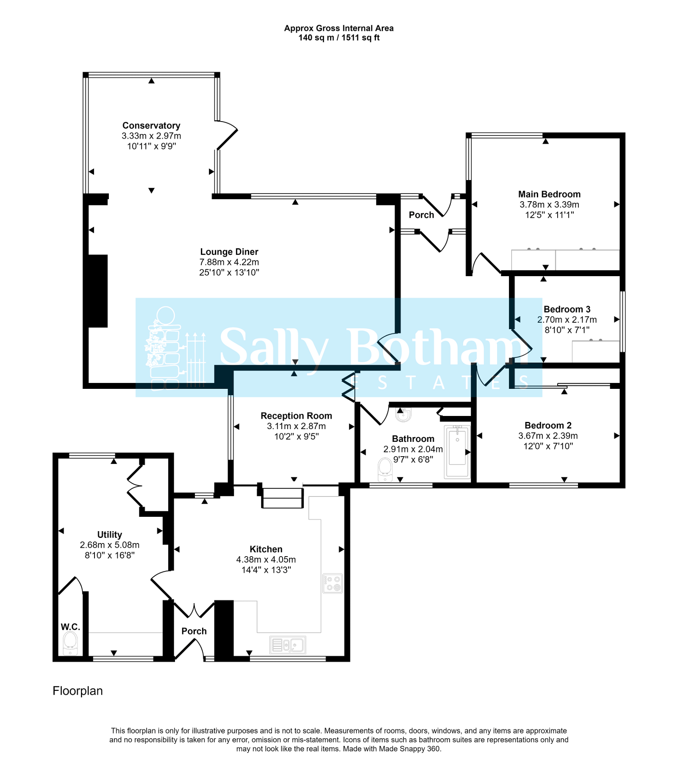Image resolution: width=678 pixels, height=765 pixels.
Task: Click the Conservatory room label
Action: click(151, 125)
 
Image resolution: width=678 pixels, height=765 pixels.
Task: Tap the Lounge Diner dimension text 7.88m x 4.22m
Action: click(229, 262)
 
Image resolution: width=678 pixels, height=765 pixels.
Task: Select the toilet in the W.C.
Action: click(70, 643)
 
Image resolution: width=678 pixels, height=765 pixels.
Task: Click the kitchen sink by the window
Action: click(288, 645)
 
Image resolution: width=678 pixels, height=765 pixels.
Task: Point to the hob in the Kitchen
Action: click(332, 584)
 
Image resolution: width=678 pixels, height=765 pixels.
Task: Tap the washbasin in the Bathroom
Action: click(403, 415)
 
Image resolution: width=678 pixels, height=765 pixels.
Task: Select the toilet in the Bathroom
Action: click(385, 470)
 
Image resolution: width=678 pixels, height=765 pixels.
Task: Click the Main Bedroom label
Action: click(549, 194)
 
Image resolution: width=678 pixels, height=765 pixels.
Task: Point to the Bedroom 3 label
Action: click(567, 309)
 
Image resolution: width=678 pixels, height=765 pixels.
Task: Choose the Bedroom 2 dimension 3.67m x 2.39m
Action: click(547, 436)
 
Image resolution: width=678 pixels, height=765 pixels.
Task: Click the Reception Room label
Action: click(296, 416)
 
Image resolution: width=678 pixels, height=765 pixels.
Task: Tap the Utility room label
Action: click(109, 535)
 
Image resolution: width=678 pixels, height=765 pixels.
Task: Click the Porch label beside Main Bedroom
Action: click(421, 215)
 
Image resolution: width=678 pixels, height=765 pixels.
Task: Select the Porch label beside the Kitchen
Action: click(194, 631)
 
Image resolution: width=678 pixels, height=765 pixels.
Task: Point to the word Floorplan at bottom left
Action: click(78, 691)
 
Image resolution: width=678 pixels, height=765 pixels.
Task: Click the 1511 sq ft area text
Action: click(360, 38)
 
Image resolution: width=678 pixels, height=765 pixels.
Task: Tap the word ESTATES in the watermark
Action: click(439, 383)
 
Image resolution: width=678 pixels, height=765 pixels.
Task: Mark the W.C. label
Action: click(70, 627)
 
